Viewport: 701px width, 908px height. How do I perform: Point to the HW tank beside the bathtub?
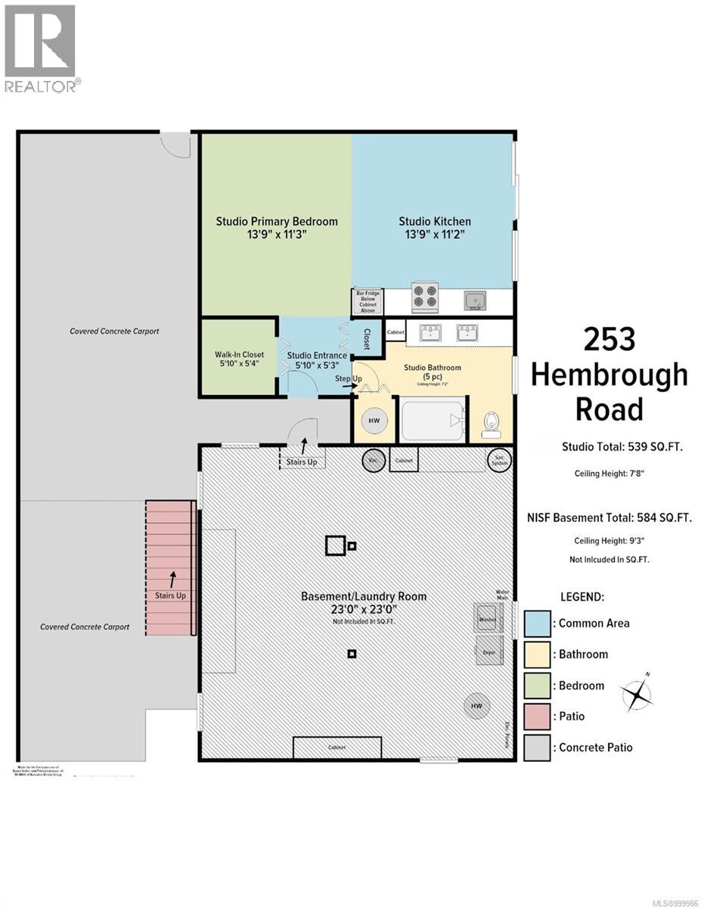coord(374,420)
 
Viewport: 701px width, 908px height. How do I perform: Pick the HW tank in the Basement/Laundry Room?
coord(476,706)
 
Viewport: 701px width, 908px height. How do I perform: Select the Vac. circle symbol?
coord(372,460)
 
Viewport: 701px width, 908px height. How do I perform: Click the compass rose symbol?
coord(637,692)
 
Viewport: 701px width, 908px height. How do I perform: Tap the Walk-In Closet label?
coord(239,359)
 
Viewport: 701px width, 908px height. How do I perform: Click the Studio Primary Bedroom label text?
coord(277,228)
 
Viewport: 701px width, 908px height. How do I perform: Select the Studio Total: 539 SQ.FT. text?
coord(622,446)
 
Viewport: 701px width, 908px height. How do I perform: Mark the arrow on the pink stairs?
coord(172,580)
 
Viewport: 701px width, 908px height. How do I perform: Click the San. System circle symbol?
coord(500,460)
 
